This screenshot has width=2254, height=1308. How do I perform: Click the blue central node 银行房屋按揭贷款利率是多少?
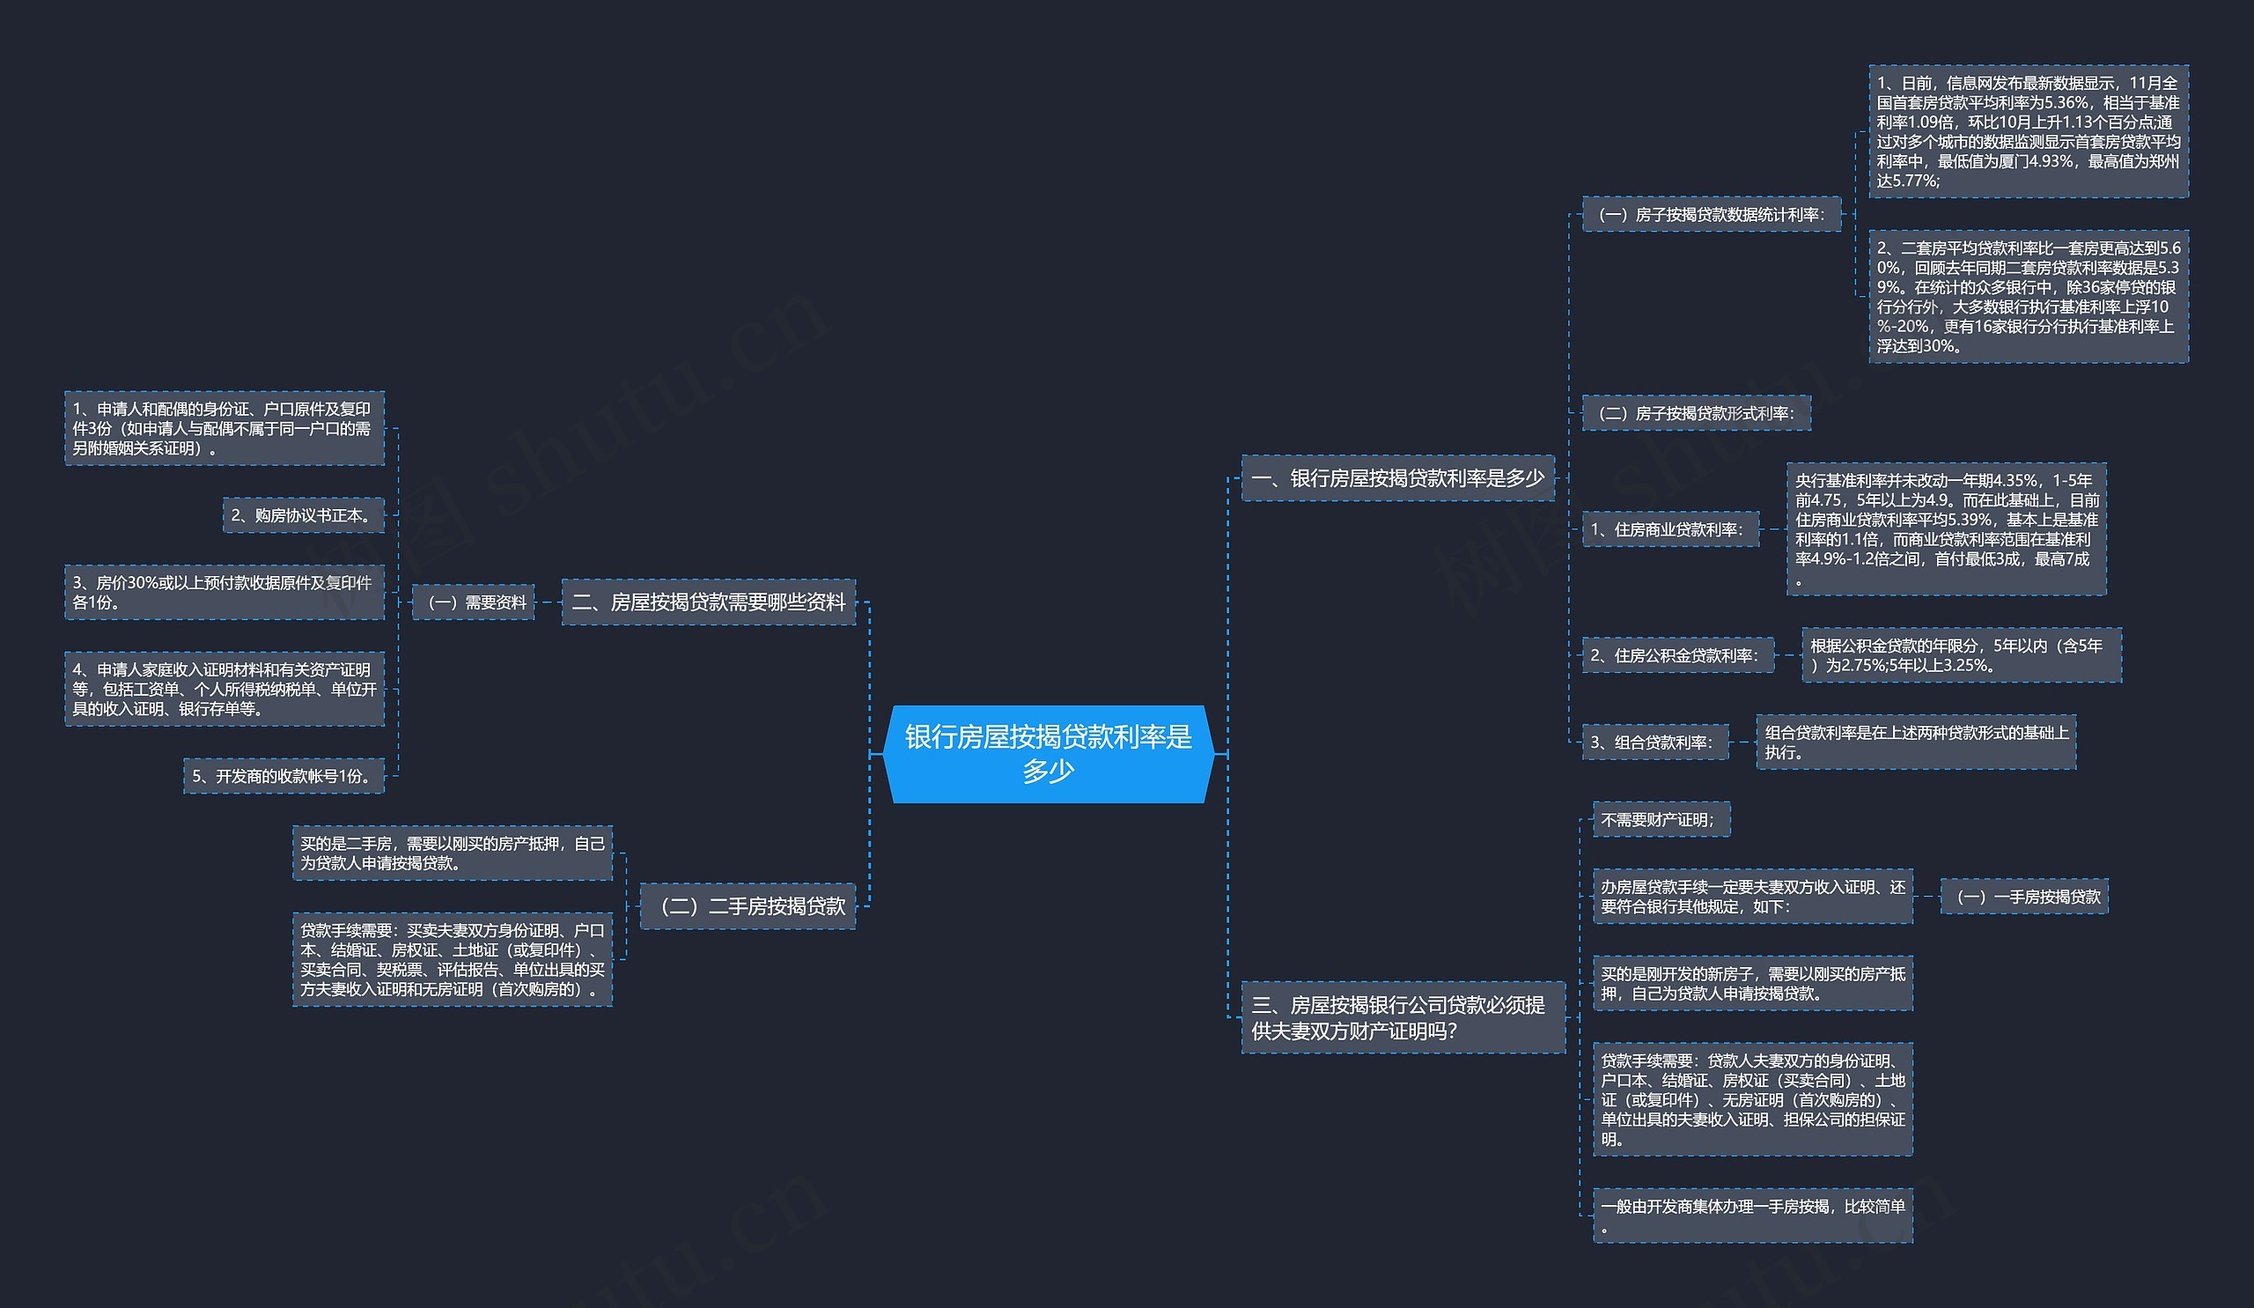pos(1049,753)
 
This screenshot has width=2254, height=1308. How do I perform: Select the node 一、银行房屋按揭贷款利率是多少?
pos(1397,477)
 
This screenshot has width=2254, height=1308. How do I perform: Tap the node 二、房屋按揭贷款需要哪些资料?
pos(709,602)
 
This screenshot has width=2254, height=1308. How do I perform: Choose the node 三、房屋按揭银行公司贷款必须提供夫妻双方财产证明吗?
pos(1403,1017)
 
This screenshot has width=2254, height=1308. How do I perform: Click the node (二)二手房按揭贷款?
pos(748,906)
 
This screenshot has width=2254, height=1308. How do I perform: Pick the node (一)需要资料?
pos(473,602)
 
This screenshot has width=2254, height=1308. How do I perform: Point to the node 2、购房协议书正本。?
pos(303,515)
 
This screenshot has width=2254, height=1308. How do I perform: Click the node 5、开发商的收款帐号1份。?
pos(284,776)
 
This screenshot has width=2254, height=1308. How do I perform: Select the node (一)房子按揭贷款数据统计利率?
pos(1711,215)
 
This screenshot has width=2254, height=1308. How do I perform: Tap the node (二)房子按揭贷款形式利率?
pos(1696,413)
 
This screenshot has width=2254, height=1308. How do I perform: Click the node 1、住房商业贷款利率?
pos(1670,529)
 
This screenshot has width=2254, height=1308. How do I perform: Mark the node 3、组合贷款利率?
pos(1654,742)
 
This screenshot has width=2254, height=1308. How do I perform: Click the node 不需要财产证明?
pos(1661,819)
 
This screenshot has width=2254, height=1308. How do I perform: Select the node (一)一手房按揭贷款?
pos(2023,897)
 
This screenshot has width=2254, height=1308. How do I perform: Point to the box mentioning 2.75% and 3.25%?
pos(1961,655)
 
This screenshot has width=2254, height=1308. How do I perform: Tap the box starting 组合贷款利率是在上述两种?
pos(1915,742)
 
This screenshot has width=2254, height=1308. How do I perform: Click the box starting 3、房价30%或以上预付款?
pos(225,592)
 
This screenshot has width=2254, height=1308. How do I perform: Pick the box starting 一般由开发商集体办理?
pos(1752,1216)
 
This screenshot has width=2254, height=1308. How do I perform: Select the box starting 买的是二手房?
pos(453,853)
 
